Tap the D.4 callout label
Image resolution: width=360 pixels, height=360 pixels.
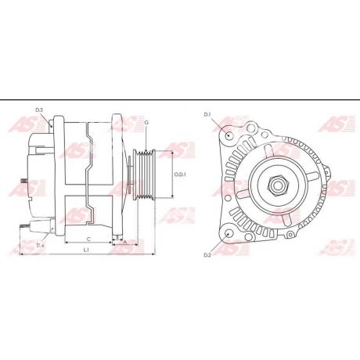[39, 245]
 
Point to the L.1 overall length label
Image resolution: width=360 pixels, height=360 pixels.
[86, 250]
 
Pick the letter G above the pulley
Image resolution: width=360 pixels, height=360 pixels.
[146, 123]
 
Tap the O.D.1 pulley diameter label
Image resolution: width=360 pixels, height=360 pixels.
[179, 175]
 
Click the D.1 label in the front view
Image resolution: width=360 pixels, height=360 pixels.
[207, 115]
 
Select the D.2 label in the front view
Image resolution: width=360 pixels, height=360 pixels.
[207, 255]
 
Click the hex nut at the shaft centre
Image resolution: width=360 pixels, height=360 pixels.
[279, 185]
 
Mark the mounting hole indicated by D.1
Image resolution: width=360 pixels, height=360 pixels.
[228, 135]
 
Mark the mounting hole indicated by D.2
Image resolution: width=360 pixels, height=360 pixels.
[228, 232]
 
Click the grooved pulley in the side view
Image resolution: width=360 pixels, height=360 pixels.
[146, 175]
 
